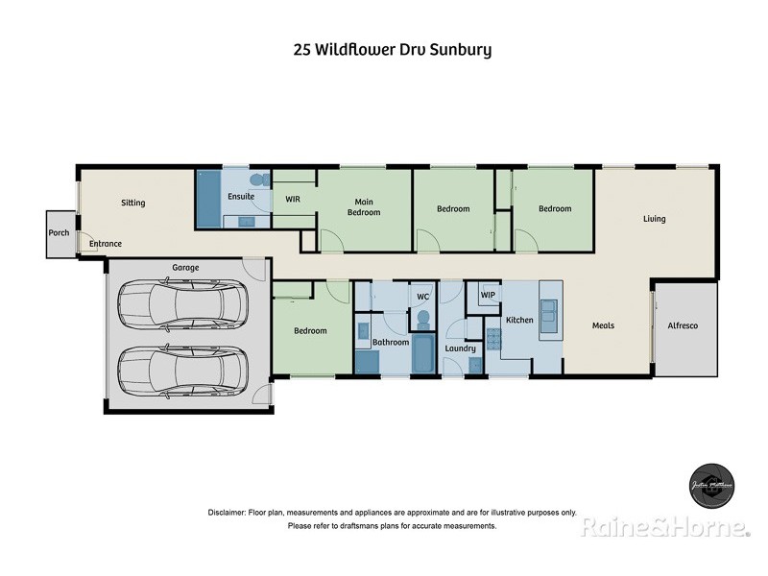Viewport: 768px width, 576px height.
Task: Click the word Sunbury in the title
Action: point(459,50)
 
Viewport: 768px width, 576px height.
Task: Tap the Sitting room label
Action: point(132,203)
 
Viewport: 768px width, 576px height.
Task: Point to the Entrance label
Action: point(106,244)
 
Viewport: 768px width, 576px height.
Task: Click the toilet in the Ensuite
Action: point(256,180)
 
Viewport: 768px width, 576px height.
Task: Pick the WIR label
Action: point(293,200)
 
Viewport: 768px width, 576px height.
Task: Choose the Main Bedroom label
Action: point(364,206)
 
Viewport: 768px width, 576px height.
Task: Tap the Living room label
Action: point(654,219)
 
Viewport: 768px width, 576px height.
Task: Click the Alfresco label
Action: point(683,326)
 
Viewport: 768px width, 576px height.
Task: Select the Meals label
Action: point(603,325)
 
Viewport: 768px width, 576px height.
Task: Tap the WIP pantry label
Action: point(488,295)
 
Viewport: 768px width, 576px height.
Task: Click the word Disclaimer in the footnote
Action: point(228,513)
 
